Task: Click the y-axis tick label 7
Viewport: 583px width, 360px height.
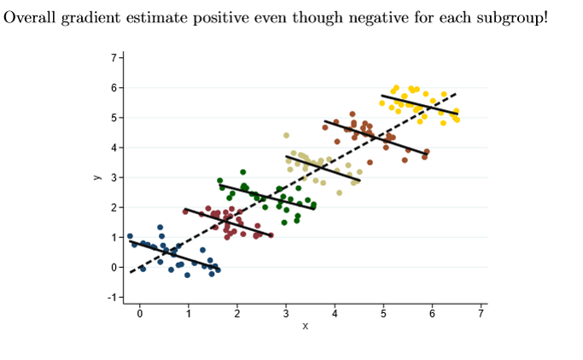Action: point(112,58)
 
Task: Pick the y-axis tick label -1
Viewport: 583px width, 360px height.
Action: point(110,297)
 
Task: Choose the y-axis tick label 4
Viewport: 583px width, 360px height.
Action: point(112,148)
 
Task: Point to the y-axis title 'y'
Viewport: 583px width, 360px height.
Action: point(97,177)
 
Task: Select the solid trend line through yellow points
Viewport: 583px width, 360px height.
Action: point(418,105)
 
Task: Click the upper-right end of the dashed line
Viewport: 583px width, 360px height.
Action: point(456,94)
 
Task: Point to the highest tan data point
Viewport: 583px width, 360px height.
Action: point(287,135)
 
